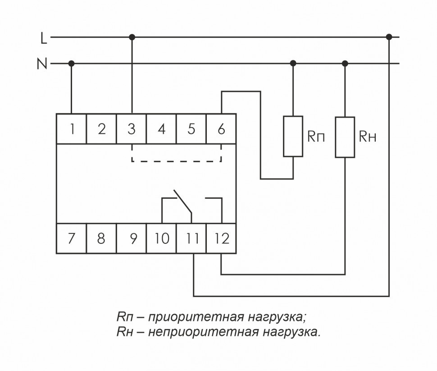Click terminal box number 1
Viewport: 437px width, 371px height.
(x=71, y=129)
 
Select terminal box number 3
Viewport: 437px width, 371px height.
(x=131, y=129)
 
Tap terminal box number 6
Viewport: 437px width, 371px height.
(x=221, y=129)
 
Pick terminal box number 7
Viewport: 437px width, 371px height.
(x=71, y=238)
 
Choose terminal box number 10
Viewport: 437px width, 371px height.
(x=161, y=238)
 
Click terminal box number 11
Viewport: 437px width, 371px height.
(x=192, y=238)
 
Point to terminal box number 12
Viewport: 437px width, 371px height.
(x=221, y=238)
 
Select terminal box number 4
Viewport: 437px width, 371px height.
(x=161, y=129)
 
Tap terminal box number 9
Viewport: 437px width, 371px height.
(x=131, y=238)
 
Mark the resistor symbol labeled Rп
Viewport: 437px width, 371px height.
(x=293, y=137)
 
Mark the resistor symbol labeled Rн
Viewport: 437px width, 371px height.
(x=345, y=137)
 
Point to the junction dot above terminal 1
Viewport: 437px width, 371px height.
(x=71, y=64)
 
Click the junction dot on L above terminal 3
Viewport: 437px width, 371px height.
(x=132, y=37)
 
